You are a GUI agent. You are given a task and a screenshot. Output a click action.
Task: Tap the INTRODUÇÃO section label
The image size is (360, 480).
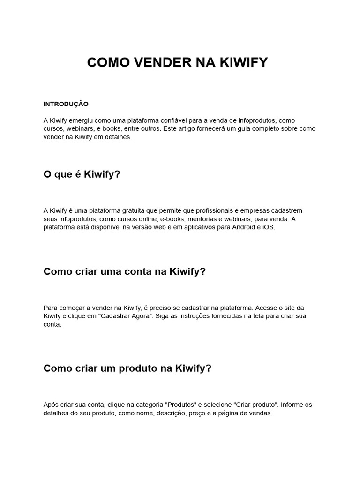coord(66,104)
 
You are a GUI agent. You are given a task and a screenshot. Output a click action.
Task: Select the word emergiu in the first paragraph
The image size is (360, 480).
coord(82,120)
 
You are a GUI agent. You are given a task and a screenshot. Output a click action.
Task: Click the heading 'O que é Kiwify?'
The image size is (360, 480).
coord(82,174)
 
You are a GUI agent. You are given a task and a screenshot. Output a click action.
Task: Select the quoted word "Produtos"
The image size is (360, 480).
coord(184,405)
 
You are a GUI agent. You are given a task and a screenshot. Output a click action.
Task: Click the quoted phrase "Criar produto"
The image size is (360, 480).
coord(254,405)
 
